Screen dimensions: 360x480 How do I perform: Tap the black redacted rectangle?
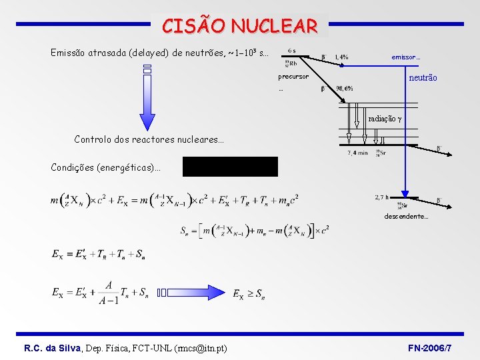(x=230, y=166)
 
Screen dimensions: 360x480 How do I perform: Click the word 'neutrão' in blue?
(x=423, y=78)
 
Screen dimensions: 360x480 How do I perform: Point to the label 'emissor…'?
(x=405, y=57)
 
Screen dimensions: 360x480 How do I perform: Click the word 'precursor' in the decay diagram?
(x=293, y=77)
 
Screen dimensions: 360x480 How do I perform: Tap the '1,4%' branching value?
(x=341, y=57)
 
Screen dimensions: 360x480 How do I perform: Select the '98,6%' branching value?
(x=345, y=88)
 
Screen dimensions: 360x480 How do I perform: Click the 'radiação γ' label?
(x=385, y=119)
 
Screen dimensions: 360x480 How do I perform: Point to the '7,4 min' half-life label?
(x=358, y=153)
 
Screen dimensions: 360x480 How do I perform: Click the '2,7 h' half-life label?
(x=382, y=197)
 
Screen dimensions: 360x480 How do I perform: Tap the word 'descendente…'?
(x=406, y=217)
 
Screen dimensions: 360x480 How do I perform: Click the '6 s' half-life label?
(x=293, y=50)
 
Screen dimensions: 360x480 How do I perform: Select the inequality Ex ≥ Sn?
(x=247, y=293)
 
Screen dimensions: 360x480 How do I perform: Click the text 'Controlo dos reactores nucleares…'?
(x=149, y=140)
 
